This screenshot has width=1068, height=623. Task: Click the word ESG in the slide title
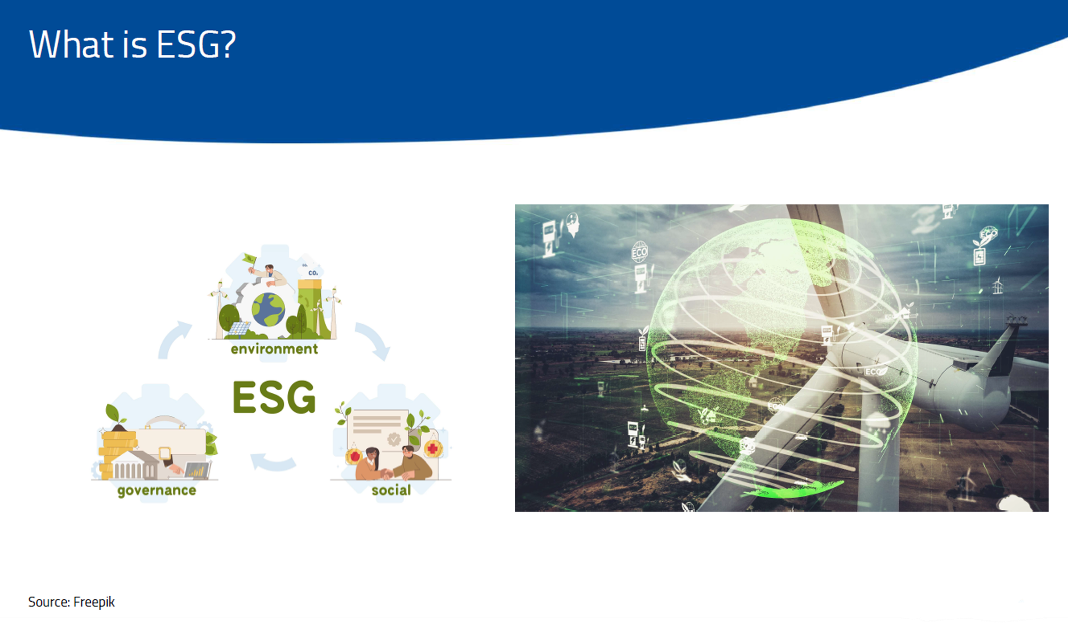click(x=196, y=44)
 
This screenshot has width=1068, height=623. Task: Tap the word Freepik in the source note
click(x=94, y=602)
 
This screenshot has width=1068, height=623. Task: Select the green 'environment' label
click(x=274, y=349)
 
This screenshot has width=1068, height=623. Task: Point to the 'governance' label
click(x=156, y=490)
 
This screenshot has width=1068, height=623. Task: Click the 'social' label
click(x=391, y=490)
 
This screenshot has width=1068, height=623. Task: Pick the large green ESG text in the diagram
click(x=274, y=398)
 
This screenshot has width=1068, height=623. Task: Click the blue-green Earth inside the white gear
click(x=268, y=309)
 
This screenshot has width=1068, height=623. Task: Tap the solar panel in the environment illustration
click(x=239, y=328)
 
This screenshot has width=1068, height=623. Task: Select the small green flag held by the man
click(x=249, y=259)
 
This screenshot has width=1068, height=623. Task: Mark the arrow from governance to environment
click(x=174, y=339)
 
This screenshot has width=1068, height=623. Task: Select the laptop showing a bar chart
click(x=195, y=470)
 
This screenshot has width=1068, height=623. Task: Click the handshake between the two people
click(x=386, y=473)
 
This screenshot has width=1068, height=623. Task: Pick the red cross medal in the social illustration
click(x=433, y=448)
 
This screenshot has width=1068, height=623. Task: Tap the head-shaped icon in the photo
click(x=572, y=224)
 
